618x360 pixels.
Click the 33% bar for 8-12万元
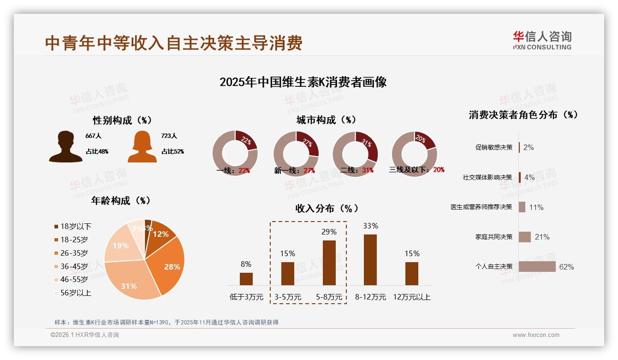pyautogui.click(x=370, y=259)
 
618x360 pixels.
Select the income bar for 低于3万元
pyautogui.click(x=246, y=279)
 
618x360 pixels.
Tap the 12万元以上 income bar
pyautogui.click(x=412, y=273)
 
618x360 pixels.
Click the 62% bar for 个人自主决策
pyautogui.click(x=537, y=267)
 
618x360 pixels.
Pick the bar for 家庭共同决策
pyautogui.click(x=525, y=237)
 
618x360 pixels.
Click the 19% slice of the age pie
pyautogui.click(x=119, y=246)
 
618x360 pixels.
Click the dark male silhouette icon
pyautogui.click(x=65, y=147)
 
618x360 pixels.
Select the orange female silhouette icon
pyautogui.click(x=142, y=147)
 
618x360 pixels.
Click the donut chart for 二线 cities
pyautogui.click(x=355, y=154)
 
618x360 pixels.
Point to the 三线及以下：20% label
pyautogui.click(x=417, y=170)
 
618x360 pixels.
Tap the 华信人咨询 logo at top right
pyautogui.click(x=542, y=40)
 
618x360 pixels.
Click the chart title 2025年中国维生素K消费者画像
pyautogui.click(x=303, y=82)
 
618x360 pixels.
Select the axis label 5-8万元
pyautogui.click(x=329, y=297)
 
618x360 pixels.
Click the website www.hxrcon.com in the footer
pyautogui.click(x=536, y=335)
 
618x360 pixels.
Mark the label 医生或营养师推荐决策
pyautogui.click(x=481, y=207)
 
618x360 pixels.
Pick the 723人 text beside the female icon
pyautogui.click(x=169, y=136)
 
